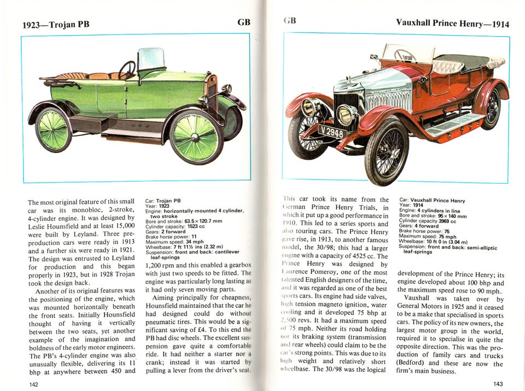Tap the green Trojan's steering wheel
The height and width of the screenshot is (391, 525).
[x=127, y=69]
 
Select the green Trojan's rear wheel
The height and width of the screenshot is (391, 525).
[x=54, y=130]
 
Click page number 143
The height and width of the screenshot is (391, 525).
[x=497, y=384]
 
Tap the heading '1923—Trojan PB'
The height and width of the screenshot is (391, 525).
[x=56, y=24]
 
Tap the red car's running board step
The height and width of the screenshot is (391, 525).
[x=448, y=125]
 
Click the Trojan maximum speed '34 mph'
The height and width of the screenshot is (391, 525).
[x=196, y=241]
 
